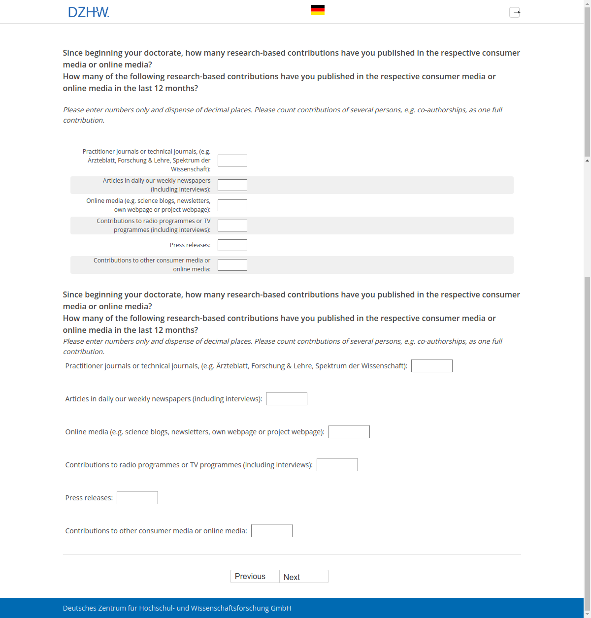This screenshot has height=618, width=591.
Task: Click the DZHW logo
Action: click(x=89, y=12)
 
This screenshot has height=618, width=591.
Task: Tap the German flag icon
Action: click(x=318, y=10)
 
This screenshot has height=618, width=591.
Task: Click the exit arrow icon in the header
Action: click(x=515, y=12)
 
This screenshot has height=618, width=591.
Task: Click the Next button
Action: click(x=303, y=577)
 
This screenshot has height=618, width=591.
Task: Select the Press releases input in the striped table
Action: click(x=232, y=245)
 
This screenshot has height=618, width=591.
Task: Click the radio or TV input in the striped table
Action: click(x=232, y=226)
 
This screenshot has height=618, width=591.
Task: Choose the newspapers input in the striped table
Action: click(x=232, y=185)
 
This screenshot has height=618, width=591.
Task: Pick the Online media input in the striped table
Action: click(x=232, y=205)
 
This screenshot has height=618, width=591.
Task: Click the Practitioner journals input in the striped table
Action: click(x=232, y=161)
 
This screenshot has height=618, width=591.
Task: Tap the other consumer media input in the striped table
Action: click(x=232, y=265)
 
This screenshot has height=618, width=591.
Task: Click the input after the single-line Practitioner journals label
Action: click(x=431, y=366)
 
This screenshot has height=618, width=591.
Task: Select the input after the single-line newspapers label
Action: click(x=286, y=399)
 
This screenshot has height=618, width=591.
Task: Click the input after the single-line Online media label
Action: click(x=349, y=432)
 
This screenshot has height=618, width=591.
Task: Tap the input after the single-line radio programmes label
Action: click(x=337, y=465)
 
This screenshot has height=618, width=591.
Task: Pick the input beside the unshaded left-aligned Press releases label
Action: click(x=137, y=498)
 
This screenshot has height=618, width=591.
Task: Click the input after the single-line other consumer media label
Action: click(x=271, y=531)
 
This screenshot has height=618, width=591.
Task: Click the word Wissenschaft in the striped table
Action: click(x=191, y=169)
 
